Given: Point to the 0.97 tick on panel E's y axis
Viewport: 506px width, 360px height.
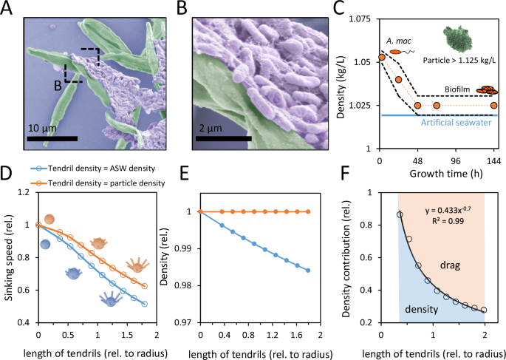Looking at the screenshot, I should point(185,323).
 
